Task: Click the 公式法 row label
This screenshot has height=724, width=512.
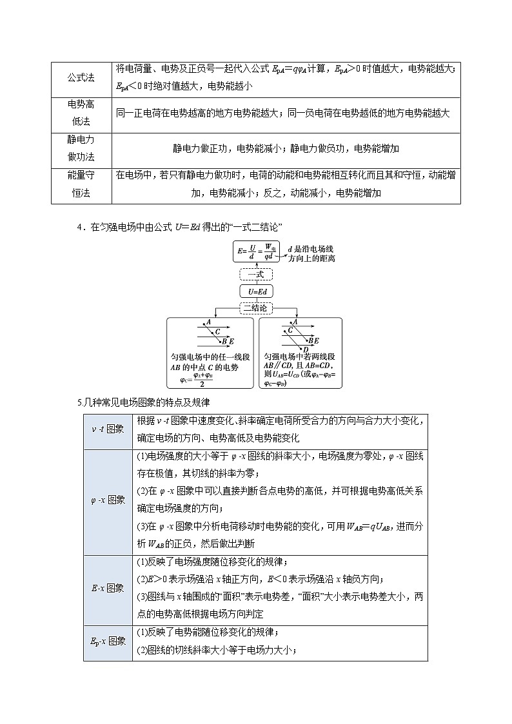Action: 81,78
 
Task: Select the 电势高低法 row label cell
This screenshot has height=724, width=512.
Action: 81,113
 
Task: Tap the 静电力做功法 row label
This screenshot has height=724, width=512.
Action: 81,148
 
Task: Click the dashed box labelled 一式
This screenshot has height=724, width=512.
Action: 256,275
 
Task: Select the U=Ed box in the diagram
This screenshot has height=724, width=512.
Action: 256,292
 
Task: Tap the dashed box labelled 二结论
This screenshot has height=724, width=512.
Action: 256,309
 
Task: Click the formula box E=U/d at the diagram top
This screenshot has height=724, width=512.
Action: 256,251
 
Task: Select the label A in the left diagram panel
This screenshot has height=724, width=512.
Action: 209,322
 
